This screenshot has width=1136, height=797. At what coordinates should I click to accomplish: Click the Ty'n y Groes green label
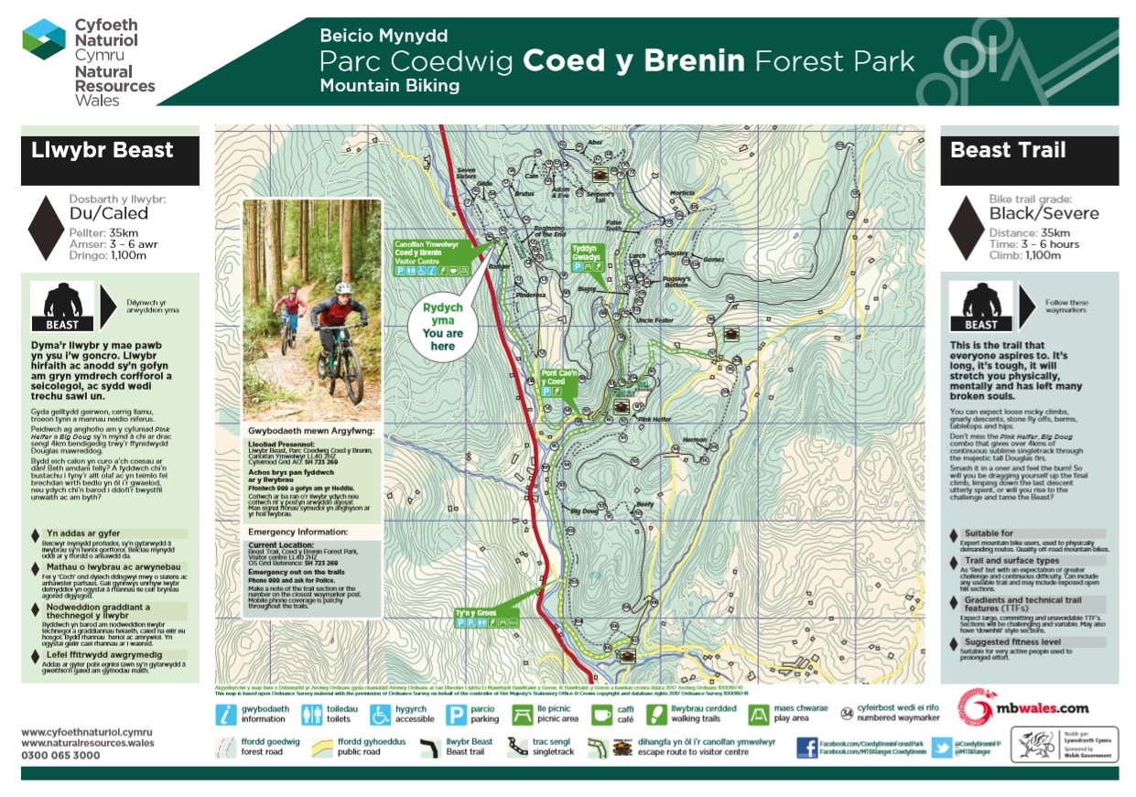[x=476, y=612]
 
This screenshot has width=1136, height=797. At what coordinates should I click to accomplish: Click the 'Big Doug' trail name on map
[x=585, y=511]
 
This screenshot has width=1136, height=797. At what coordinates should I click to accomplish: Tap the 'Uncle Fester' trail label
[x=654, y=320]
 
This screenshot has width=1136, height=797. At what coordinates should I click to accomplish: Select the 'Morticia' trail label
[x=682, y=193]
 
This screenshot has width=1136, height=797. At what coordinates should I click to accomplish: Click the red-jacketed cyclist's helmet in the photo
[x=343, y=289]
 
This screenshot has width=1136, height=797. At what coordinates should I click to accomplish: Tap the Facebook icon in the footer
[x=806, y=747]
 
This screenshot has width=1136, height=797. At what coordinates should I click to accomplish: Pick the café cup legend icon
[x=598, y=714]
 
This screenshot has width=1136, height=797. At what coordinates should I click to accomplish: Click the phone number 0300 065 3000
[x=60, y=755]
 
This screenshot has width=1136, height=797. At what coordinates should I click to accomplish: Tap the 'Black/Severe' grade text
[x=1044, y=214]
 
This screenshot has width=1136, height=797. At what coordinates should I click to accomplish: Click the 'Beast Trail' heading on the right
[x=1008, y=151]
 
